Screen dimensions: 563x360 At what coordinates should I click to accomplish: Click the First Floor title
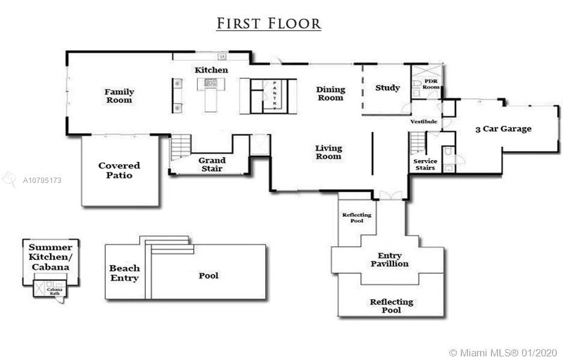(269, 23)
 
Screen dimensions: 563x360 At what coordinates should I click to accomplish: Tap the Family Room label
(119, 96)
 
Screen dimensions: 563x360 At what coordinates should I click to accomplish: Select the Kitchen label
(211, 70)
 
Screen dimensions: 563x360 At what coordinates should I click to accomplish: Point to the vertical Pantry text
(275, 96)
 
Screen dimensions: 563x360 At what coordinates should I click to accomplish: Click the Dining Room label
(331, 93)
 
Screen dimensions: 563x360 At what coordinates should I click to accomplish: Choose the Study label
(387, 88)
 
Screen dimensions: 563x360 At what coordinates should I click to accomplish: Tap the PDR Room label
(431, 84)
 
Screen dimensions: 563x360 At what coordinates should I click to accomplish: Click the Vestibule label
(423, 122)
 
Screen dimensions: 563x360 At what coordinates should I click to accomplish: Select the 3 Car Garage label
(503, 129)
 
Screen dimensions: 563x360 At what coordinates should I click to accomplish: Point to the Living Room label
(328, 152)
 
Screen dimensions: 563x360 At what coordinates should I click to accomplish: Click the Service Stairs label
(425, 164)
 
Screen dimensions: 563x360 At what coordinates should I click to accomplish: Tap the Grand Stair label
(212, 164)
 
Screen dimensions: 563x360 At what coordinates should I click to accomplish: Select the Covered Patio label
(119, 170)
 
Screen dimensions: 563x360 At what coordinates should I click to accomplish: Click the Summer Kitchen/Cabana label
(51, 257)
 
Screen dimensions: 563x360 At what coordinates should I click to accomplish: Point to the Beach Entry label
(125, 273)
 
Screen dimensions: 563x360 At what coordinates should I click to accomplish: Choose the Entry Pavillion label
(390, 259)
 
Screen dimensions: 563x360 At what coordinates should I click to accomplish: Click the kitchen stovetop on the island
(211, 82)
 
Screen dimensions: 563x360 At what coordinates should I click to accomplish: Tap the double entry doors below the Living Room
(390, 196)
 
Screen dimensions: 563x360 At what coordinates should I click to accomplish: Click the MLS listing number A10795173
(42, 181)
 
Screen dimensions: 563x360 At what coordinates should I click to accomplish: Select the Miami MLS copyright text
(504, 352)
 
